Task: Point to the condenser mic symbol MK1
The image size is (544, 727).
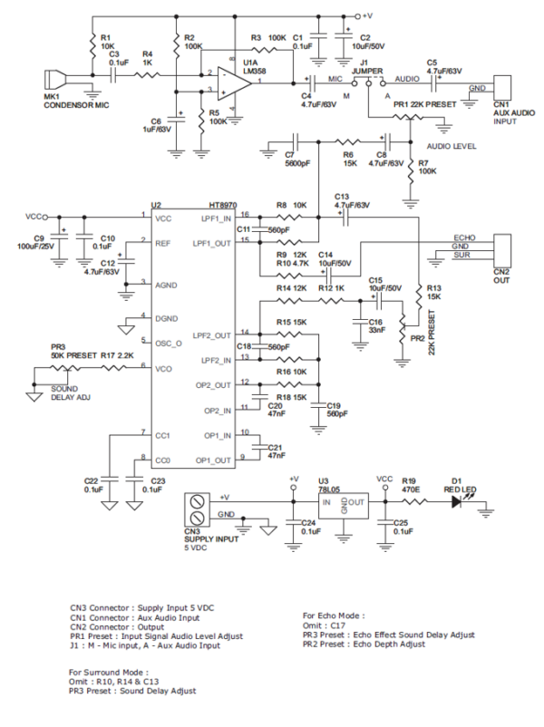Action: tap(55, 77)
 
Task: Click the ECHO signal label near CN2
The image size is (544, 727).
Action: tap(462, 237)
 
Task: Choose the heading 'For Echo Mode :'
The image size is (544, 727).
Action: tap(334, 616)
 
